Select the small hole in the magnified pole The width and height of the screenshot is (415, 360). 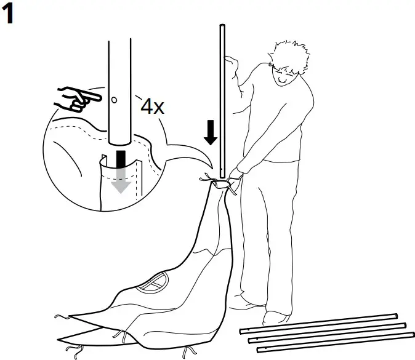[x=115, y=98]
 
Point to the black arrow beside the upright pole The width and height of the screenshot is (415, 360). [x=211, y=131]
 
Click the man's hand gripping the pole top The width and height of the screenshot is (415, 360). [x=232, y=62]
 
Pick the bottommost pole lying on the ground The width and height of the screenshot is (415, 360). [x=335, y=345]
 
